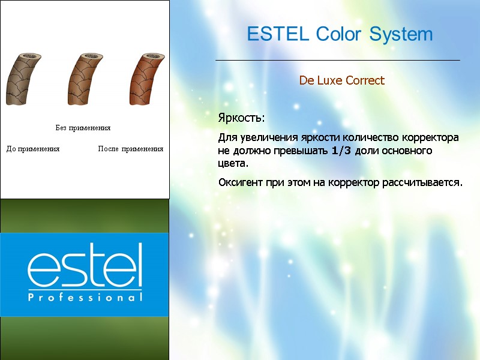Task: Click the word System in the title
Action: coord(401,35)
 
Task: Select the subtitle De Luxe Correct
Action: coord(342,80)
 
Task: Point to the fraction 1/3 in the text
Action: coord(342,151)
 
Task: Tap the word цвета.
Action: coord(233,163)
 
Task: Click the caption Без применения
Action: coord(83,128)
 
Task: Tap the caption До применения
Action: coord(33,148)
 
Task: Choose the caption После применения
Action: coord(130,148)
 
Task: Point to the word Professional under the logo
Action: coord(85,297)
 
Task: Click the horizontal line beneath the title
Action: coord(337,60)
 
